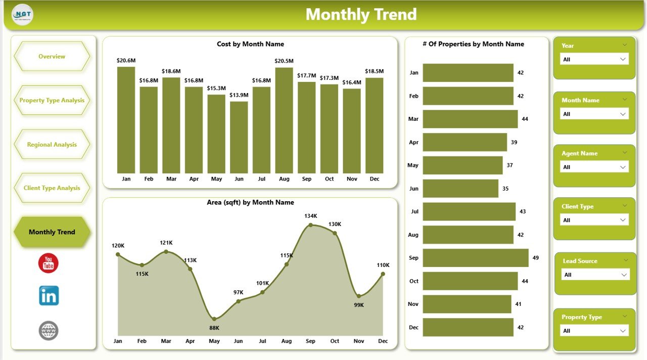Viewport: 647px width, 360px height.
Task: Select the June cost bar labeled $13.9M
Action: click(239, 138)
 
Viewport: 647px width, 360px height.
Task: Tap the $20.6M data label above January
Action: click(126, 61)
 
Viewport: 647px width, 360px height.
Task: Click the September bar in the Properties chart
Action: click(475, 258)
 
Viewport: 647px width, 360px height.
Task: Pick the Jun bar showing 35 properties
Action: click(460, 189)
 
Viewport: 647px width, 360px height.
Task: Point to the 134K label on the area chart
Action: click(311, 216)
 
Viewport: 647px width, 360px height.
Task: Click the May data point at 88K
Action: click(214, 319)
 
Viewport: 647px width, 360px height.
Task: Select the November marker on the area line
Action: click(358, 296)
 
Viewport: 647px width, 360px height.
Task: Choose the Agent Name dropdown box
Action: click(594, 167)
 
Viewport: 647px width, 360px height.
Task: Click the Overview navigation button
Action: click(52, 57)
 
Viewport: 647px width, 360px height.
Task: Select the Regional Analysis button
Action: click(52, 145)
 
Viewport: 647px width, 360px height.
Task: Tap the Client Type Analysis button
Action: click(52, 188)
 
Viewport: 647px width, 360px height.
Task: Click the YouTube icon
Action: click(49, 263)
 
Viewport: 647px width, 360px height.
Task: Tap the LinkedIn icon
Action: click(49, 296)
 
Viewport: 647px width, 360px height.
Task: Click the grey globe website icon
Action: click(49, 331)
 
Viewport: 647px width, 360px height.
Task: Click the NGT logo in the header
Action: click(23, 15)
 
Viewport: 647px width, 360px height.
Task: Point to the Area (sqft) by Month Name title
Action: click(250, 202)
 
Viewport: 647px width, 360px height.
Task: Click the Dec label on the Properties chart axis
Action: click(413, 327)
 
